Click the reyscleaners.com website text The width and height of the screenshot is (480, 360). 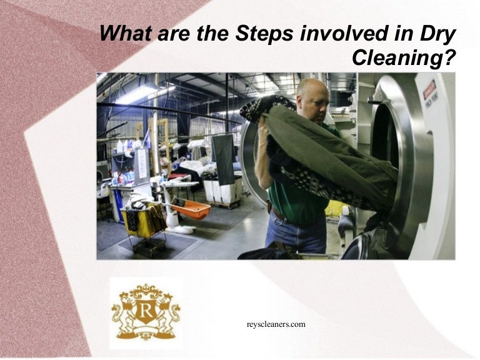276,324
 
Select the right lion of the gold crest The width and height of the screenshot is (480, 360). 167,312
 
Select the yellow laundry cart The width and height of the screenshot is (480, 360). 142,216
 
